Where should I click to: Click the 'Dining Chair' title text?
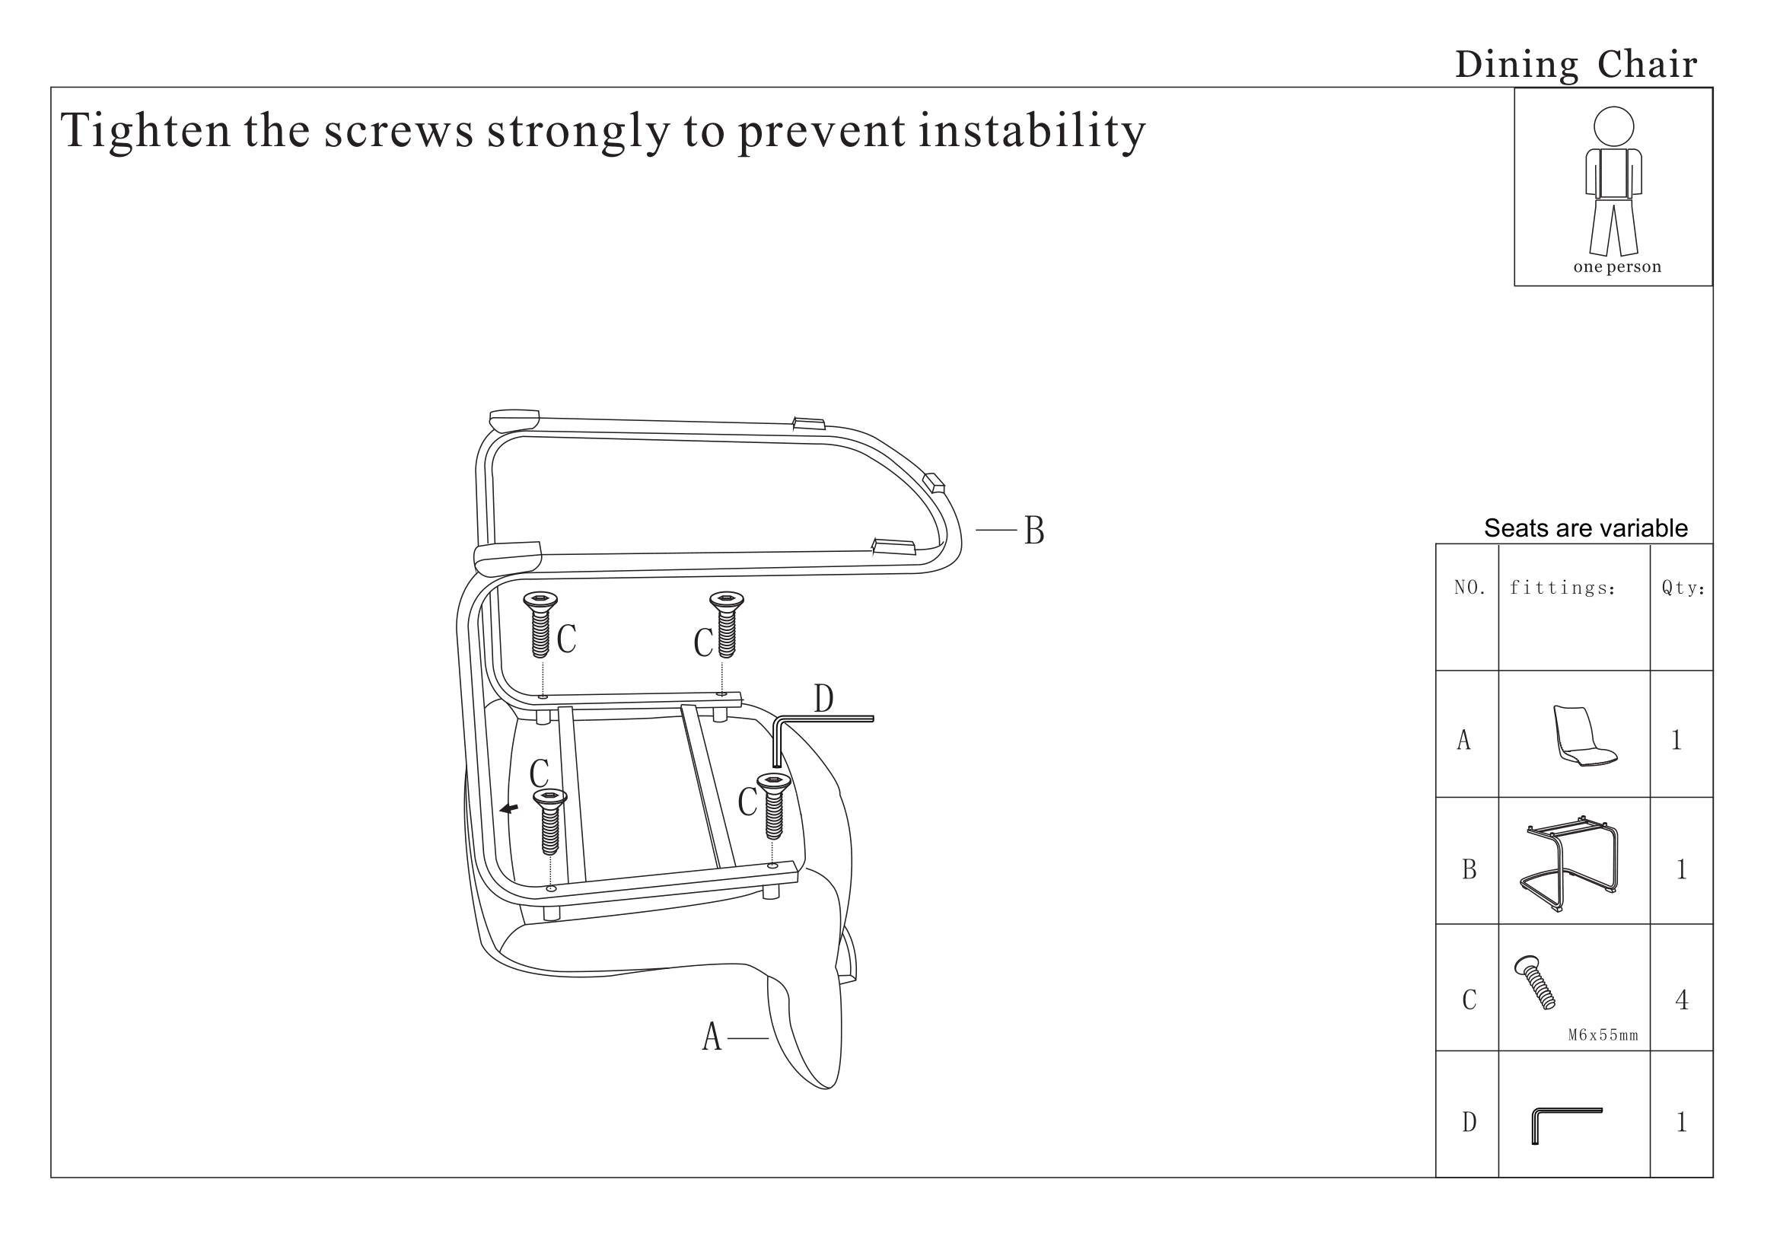[1576, 65]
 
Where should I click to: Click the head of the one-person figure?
[1614, 126]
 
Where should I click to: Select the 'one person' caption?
[1617, 266]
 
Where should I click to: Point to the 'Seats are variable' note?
[1585, 528]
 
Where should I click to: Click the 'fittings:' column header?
[1562, 588]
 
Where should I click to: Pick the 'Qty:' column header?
[1683, 588]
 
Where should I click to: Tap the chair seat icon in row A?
[1584, 738]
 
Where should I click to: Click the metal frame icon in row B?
[1569, 864]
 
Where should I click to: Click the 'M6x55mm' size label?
[1603, 1035]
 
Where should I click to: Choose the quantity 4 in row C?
[1682, 1000]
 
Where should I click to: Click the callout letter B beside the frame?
[1034, 531]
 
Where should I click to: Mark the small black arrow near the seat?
[509, 809]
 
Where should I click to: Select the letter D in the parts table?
[1469, 1122]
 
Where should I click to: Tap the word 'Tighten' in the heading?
[146, 129]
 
